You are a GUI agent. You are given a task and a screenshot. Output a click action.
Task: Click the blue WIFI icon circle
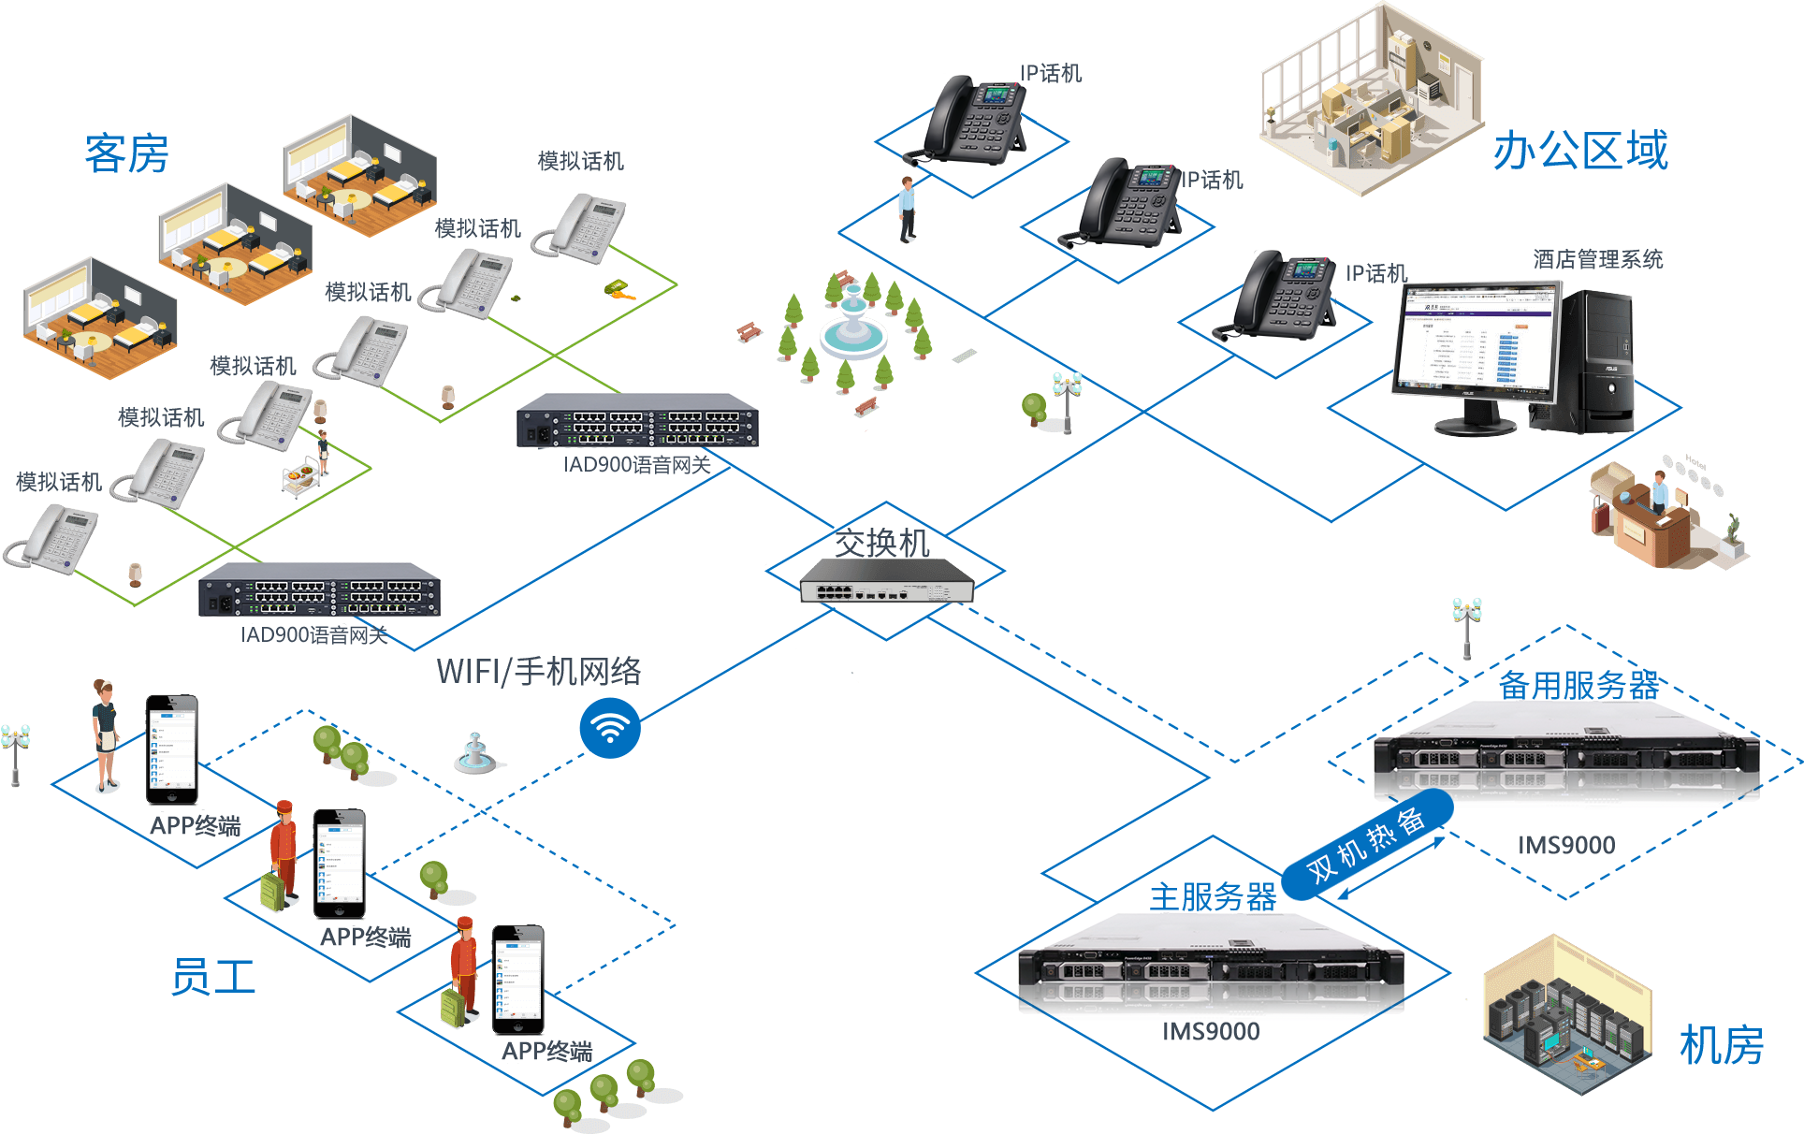pyautogui.click(x=610, y=727)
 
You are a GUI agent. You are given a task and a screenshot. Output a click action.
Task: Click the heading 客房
pyautogui.click(x=126, y=153)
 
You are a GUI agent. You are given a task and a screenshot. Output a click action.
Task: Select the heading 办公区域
pyautogui.click(x=1579, y=151)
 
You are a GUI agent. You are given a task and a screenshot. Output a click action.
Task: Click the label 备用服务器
pyautogui.click(x=1578, y=685)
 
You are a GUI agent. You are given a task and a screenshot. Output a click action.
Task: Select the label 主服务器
pyautogui.click(x=1213, y=896)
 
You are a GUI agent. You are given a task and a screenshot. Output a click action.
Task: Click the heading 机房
pyautogui.click(x=1721, y=1044)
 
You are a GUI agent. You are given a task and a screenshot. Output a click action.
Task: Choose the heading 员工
pyautogui.click(x=213, y=977)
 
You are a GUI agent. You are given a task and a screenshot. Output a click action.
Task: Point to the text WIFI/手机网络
pyautogui.click(x=539, y=671)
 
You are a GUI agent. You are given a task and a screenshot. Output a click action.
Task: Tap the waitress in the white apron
pyautogui.click(x=106, y=735)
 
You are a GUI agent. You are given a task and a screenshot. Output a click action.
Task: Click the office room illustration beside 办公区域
pyautogui.click(x=1370, y=99)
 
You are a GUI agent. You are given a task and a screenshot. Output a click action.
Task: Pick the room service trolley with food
pyautogui.click(x=301, y=476)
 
